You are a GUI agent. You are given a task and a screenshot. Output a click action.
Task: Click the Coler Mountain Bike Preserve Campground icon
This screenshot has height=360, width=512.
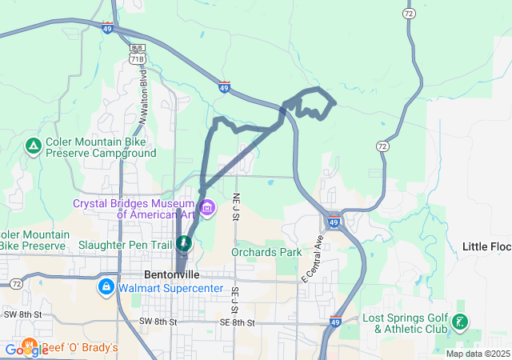[34, 146]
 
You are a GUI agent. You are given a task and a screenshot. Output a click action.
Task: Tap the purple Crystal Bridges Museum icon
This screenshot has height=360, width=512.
[207, 209]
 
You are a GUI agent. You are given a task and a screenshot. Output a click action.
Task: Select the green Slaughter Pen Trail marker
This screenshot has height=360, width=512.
[185, 243]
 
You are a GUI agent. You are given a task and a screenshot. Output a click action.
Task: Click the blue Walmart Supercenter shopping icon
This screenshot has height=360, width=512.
[106, 286]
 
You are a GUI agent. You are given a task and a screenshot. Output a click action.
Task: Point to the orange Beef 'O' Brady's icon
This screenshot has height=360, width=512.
[31, 348]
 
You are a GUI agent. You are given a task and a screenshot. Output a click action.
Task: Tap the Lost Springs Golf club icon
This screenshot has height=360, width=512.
[460, 322]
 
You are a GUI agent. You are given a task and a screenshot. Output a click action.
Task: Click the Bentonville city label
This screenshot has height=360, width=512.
[172, 274]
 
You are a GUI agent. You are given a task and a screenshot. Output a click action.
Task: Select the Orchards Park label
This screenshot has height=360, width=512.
[266, 252]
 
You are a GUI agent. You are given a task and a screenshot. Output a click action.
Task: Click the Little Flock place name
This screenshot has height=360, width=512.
[486, 246]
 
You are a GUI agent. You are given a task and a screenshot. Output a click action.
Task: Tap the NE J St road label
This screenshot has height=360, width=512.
[236, 206]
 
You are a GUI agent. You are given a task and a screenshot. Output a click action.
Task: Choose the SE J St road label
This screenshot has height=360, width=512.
[235, 301]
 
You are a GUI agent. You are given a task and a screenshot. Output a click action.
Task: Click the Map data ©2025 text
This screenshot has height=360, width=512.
[478, 354]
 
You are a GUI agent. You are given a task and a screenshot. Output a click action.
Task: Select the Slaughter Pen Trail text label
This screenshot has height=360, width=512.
[127, 244]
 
